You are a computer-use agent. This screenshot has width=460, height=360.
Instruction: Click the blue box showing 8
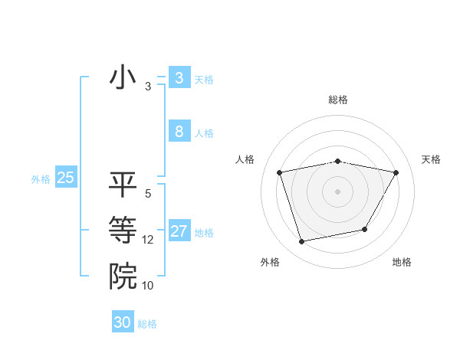(179, 131)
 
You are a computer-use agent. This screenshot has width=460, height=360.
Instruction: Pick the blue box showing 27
(179, 231)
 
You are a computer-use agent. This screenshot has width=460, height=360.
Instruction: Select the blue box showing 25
(65, 178)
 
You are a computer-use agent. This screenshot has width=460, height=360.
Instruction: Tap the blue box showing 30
(123, 322)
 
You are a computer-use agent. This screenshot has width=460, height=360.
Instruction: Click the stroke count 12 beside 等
(148, 240)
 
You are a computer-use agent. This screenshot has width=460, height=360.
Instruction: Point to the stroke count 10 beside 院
(148, 286)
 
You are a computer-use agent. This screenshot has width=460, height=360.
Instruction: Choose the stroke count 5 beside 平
(148, 194)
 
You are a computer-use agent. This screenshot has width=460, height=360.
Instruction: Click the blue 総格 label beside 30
(147, 324)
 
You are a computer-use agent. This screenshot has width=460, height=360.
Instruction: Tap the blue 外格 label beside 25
(41, 179)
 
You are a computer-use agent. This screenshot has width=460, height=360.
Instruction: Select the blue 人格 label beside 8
(204, 133)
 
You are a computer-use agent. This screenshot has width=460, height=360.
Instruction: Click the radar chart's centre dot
(337, 191)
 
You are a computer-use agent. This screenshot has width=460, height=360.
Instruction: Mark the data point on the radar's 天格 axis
(396, 172)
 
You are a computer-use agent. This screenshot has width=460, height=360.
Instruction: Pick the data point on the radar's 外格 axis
(302, 241)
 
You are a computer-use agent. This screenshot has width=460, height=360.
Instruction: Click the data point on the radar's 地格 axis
(365, 229)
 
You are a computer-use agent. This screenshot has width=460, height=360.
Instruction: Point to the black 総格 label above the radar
(337, 100)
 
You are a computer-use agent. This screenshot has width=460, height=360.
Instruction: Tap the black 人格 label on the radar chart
(245, 159)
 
